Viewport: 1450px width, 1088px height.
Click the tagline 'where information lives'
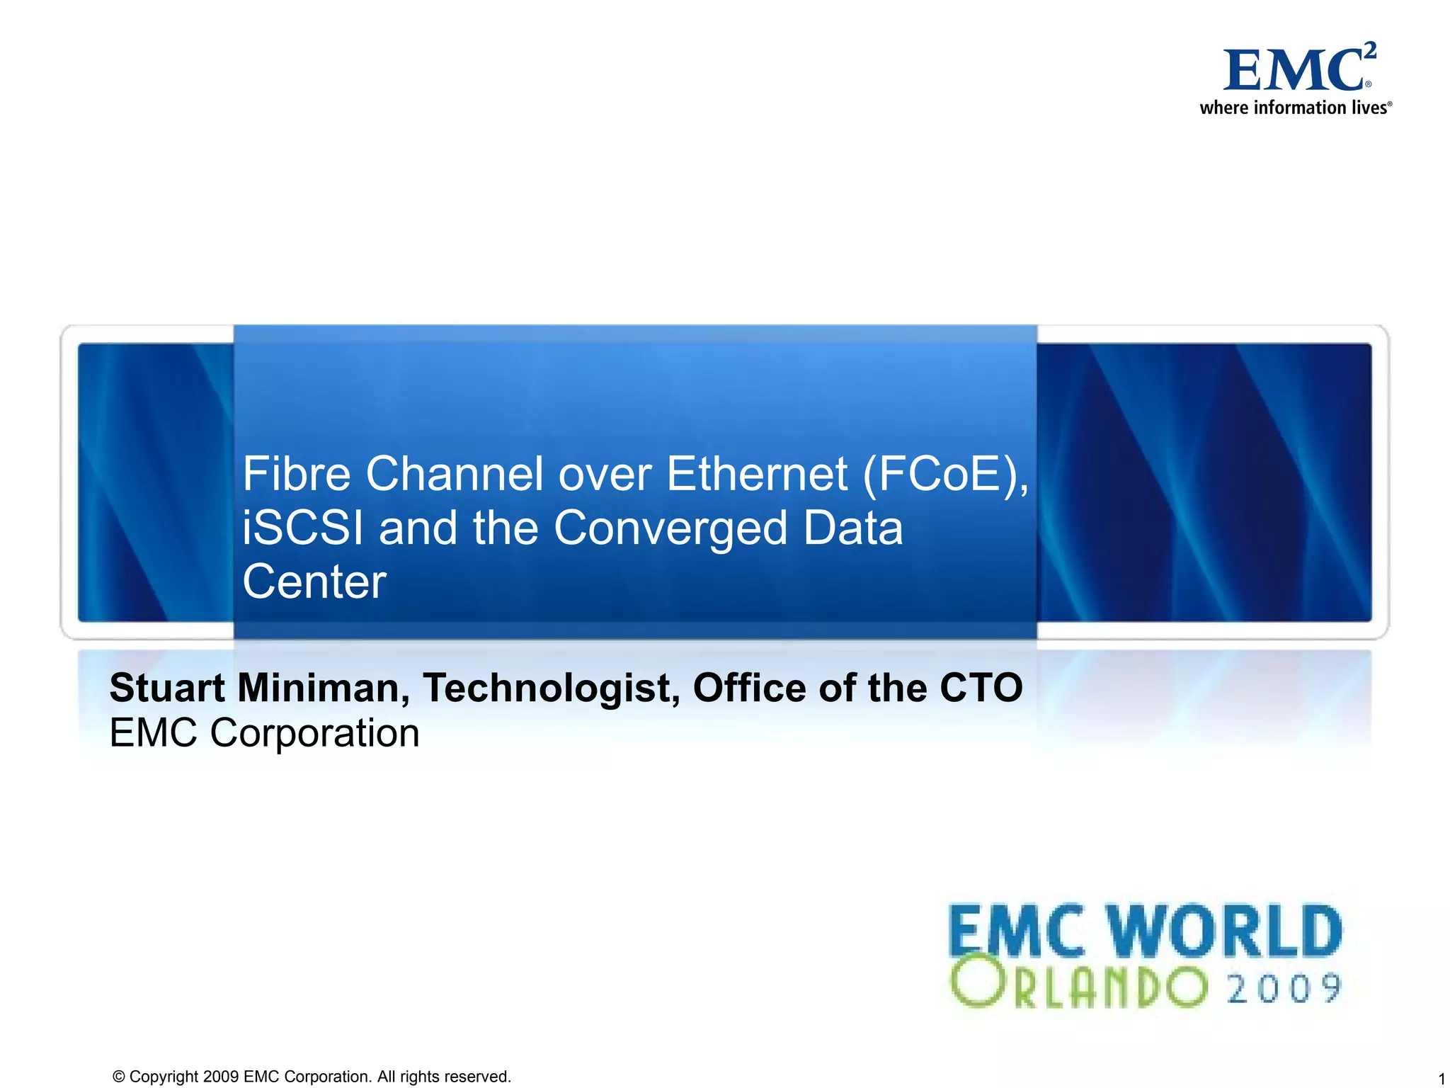(1295, 108)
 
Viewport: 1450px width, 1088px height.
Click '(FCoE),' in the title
(945, 474)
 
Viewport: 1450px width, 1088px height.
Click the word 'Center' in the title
(314, 582)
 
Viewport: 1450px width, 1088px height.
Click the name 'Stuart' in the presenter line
(167, 688)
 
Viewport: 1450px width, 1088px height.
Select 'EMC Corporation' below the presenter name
(264, 732)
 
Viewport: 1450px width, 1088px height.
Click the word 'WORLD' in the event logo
(1224, 931)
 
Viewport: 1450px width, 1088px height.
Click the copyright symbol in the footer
(119, 1077)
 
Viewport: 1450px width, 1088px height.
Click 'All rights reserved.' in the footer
(444, 1077)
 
